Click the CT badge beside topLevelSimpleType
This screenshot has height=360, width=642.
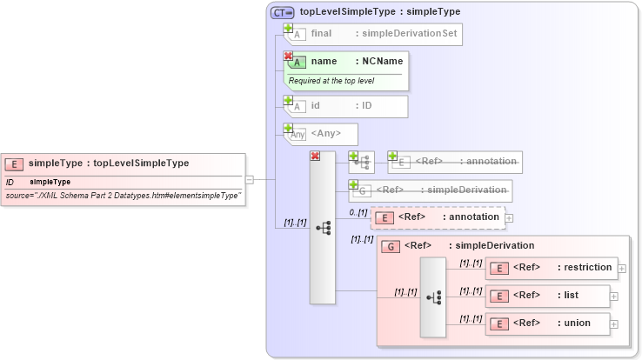283,12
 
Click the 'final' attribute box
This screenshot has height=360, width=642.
374,34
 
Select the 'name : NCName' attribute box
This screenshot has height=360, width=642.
348,62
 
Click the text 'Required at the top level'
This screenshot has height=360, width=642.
331,80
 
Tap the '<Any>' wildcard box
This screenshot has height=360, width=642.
322,134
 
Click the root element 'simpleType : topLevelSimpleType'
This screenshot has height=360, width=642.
123,163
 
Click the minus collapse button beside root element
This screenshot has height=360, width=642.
250,180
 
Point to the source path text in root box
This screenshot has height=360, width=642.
123,197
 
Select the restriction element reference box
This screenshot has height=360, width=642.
552,268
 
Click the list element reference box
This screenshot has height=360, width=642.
545,296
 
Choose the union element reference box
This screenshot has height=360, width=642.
545,323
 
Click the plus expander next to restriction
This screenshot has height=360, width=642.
622,268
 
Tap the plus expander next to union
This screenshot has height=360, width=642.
614,324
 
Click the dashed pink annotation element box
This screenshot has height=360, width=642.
438,217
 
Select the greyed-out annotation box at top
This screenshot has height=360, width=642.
454,162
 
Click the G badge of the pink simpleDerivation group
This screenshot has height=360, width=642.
392,246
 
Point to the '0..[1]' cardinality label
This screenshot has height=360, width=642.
358,211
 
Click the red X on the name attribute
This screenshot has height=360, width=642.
288,56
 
